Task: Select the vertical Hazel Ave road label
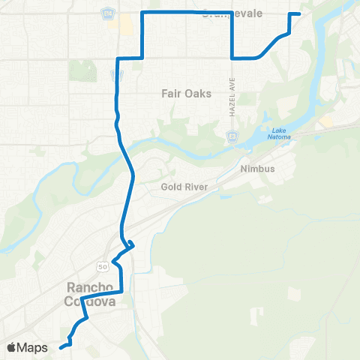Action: coord(233,93)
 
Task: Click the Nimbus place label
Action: coord(257,169)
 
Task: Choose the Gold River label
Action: coord(178,187)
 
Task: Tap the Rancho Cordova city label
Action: coord(91,294)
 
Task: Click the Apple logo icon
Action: coord(12,347)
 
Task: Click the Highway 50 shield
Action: coord(101,265)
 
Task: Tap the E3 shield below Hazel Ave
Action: coord(233,136)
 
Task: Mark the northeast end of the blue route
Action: coord(299,14)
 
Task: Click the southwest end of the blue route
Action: coord(60,346)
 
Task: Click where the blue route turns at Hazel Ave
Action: coord(233,57)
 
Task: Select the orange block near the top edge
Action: coord(125,25)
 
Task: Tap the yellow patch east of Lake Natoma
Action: coord(326,121)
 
